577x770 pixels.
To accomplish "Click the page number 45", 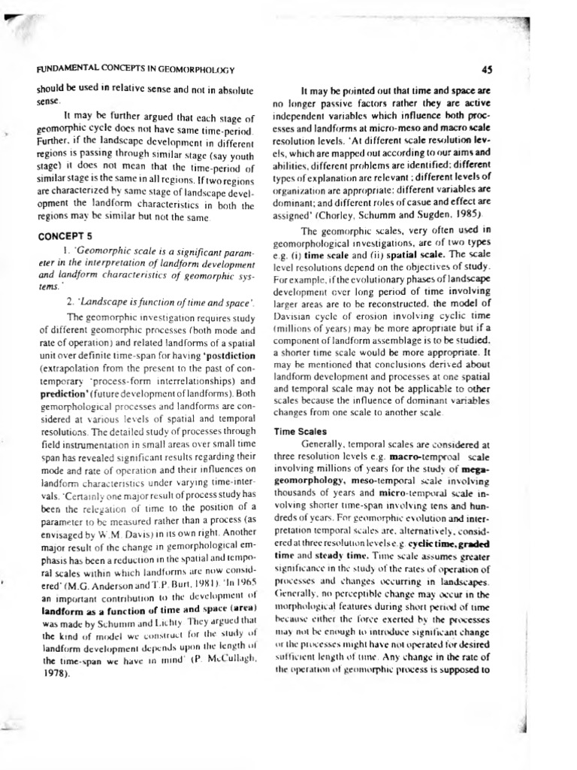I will click(486, 69).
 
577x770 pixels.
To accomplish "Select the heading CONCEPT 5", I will click(62, 235).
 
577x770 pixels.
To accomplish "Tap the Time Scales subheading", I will click(299, 431).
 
